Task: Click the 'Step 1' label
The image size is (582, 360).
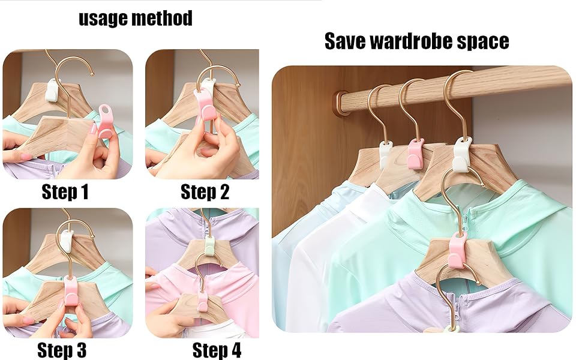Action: click(65, 192)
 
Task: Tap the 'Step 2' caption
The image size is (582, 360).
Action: click(205, 192)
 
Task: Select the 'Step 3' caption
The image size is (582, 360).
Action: click(62, 349)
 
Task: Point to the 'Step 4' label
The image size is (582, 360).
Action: click(217, 350)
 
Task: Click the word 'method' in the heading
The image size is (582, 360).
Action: click(163, 19)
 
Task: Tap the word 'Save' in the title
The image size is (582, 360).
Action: click(345, 41)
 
